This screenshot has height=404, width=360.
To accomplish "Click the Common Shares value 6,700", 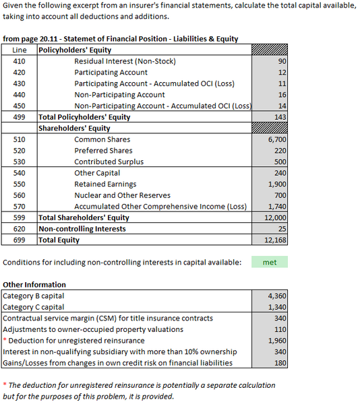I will [277, 139].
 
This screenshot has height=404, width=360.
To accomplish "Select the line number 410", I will [19, 61].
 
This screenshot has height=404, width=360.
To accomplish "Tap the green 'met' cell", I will [269, 263].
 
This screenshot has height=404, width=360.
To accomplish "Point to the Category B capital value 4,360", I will [276, 296].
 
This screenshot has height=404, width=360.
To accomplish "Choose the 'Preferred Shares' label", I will [103, 150].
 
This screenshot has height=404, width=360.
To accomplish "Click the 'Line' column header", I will [20, 50].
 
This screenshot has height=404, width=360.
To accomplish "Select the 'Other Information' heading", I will [34, 285].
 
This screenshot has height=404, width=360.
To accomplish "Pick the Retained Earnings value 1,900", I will [277, 184].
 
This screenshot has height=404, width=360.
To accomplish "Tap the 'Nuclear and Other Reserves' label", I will [118, 195].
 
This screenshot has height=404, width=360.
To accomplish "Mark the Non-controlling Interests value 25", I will [282, 229].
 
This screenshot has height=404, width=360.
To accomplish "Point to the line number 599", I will [19, 217].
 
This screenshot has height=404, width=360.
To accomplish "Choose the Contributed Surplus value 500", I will [280, 162].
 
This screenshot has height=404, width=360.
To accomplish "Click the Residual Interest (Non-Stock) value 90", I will [282, 61].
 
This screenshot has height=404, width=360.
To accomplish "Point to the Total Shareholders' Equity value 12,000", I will [275, 217].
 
